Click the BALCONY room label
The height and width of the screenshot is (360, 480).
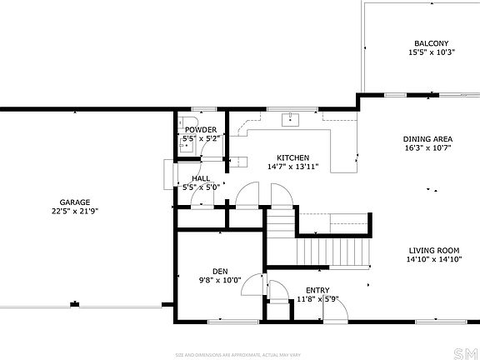pos(431,43)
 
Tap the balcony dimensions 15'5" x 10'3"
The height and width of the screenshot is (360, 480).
pos(431,52)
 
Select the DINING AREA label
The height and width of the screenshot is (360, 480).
pos(427,139)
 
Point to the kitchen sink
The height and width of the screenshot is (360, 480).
pos(291,118)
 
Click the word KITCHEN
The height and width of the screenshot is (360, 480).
pos(293,157)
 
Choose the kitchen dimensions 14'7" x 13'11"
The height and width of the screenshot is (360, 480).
pos(293,167)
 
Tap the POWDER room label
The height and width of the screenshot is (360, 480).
pos(201,130)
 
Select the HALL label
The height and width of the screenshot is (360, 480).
pos(201,178)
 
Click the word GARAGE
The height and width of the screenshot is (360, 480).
pos(74,202)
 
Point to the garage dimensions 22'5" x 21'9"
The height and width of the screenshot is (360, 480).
pos(74,211)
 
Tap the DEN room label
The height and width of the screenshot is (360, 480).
pos(220,271)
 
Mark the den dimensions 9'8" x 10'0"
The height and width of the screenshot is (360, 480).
pos(220,280)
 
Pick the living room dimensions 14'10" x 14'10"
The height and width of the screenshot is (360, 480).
pos(434,260)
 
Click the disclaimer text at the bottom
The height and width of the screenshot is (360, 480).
pos(240,353)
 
